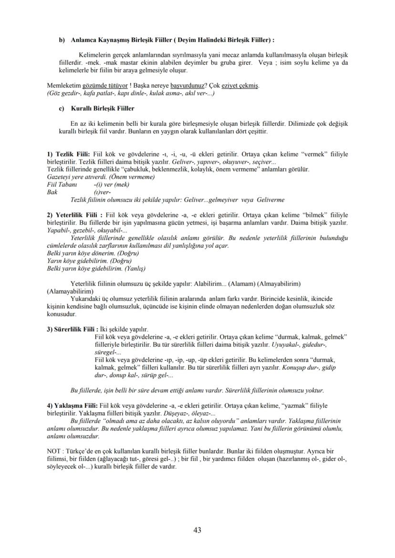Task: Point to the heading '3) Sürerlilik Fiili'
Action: coord(72,329)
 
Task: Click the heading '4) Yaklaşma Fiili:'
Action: coord(72,405)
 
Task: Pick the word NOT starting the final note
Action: coord(54,450)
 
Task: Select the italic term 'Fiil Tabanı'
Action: coord(59,184)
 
